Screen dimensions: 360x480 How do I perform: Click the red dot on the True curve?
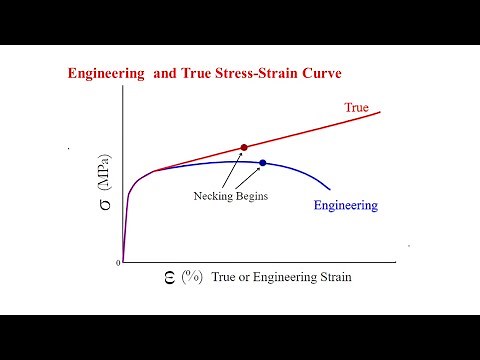(x=244, y=147)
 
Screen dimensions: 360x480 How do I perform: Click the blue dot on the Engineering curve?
(x=263, y=163)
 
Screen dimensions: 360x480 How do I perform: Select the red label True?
(x=357, y=107)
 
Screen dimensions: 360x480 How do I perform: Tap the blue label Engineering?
(x=346, y=206)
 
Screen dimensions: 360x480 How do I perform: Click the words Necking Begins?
(x=231, y=197)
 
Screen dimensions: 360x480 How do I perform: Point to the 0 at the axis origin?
(x=118, y=263)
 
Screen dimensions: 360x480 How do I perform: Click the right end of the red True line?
(x=381, y=111)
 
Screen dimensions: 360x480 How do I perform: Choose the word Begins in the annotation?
(x=252, y=197)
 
